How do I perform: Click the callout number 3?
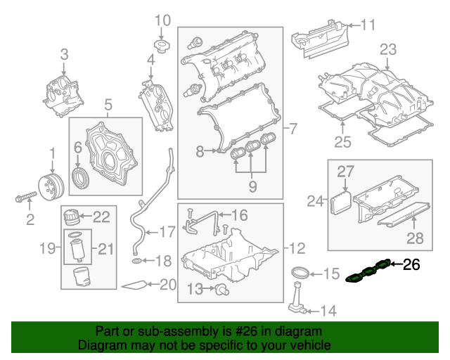click(63, 53)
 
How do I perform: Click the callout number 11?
click(368, 26)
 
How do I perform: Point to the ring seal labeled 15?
click(300, 273)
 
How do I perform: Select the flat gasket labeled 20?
click(135, 285)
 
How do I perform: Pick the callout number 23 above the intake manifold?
click(388, 49)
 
